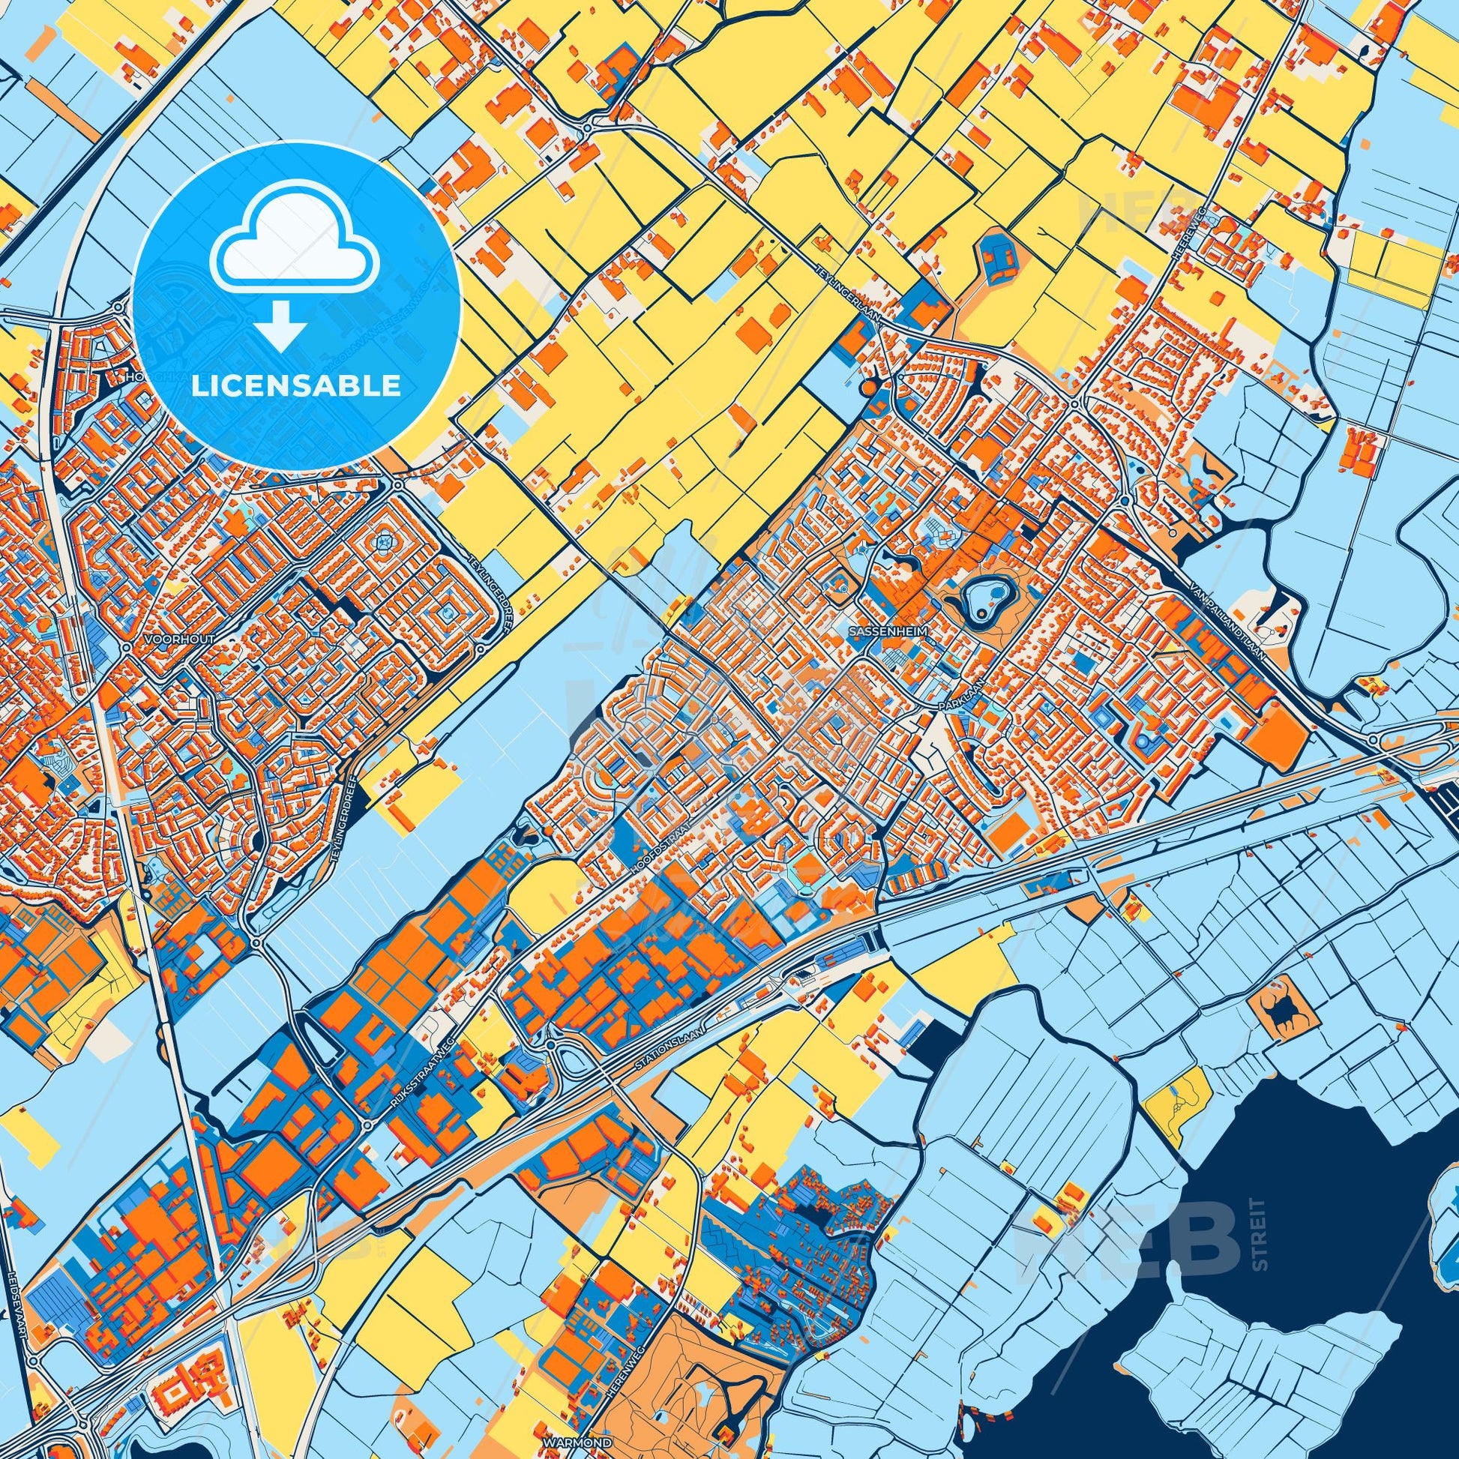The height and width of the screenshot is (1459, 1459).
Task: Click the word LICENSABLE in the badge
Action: point(296,385)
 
